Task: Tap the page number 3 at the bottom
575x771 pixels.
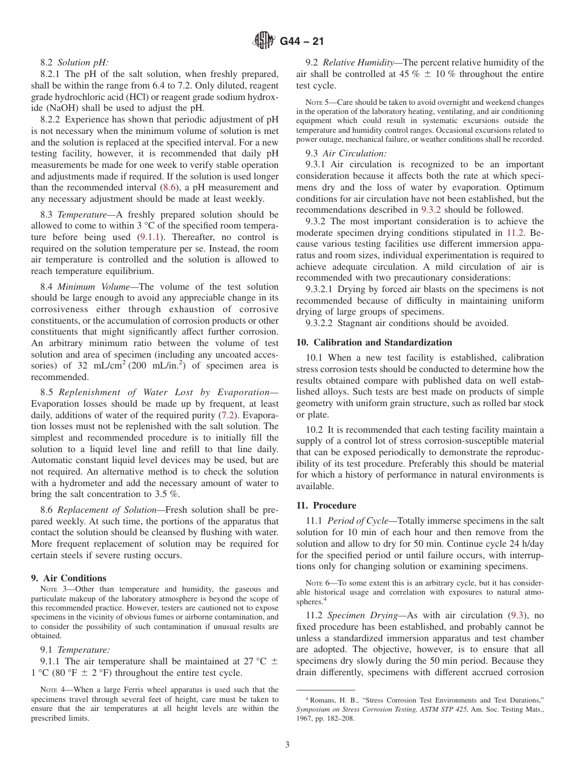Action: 287,744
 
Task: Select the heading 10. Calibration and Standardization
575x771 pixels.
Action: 374,342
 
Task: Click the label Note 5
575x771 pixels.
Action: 317,102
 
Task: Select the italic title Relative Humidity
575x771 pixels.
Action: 357,62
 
